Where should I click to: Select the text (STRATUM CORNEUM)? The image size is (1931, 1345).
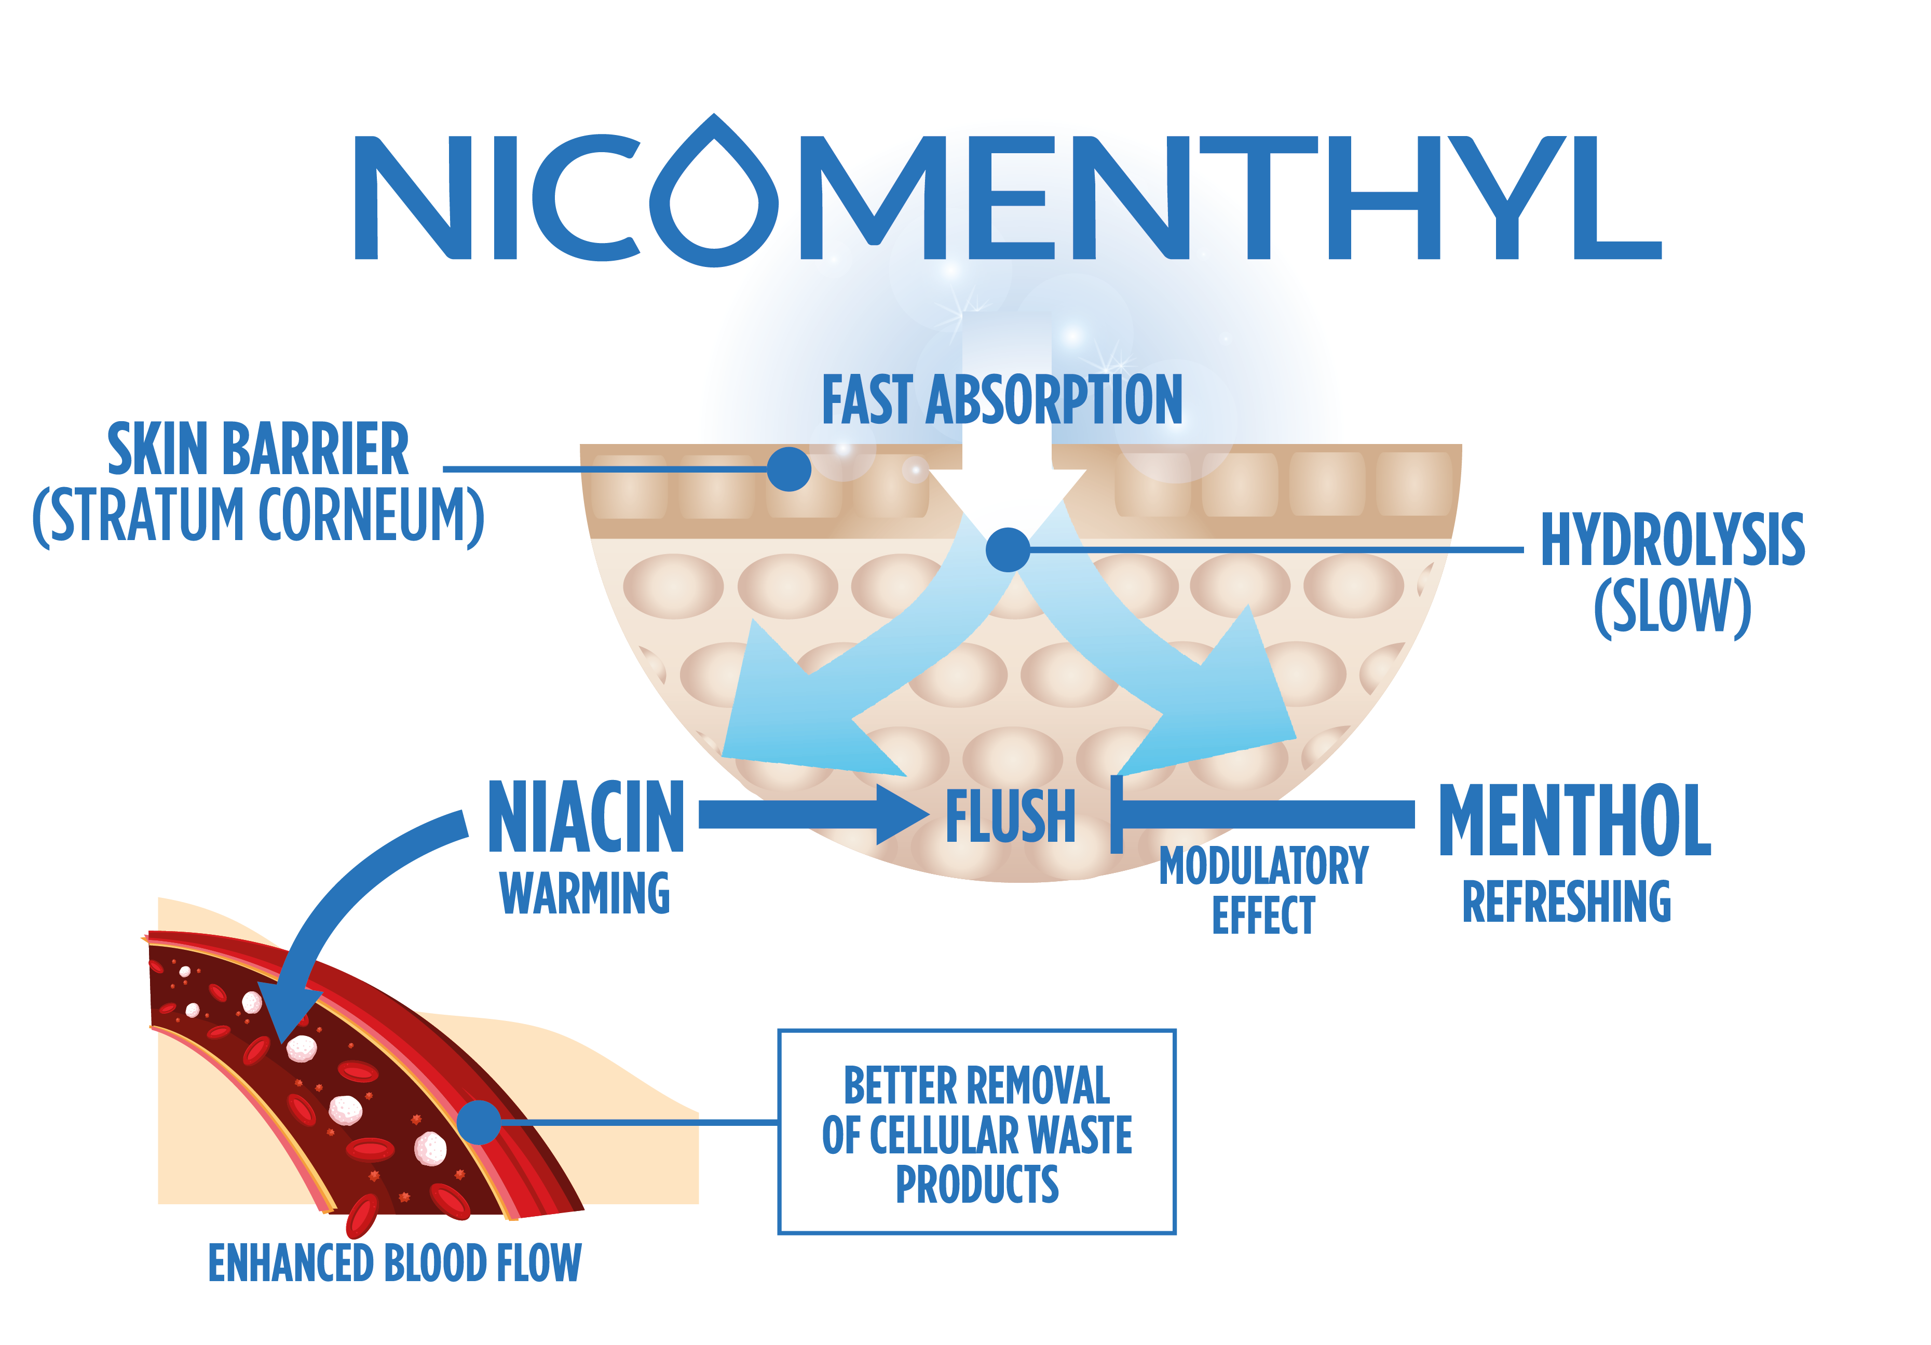258,516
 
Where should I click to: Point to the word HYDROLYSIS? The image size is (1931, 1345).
1672,540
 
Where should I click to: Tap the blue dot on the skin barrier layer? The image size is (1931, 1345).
789,468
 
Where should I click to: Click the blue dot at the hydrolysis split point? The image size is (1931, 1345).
1008,550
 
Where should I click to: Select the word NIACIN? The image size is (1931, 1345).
586,816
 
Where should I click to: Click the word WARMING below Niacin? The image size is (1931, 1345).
584,893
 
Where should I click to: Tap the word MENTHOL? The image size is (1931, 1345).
1574,819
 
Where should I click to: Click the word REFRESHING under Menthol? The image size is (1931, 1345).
1566,902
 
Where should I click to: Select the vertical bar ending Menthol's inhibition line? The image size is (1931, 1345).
1117,814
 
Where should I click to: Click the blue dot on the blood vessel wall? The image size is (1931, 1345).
479,1122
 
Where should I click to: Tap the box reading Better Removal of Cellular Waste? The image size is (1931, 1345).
976,1132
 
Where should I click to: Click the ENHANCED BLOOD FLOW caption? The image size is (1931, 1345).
395,1263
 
